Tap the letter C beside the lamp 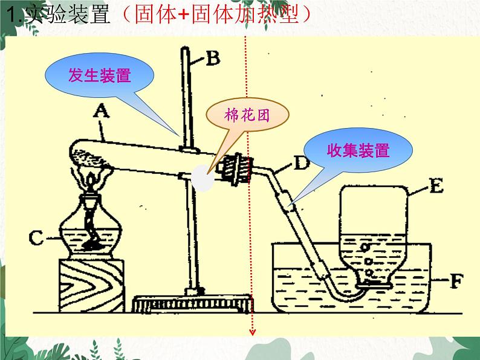click(x=37, y=238)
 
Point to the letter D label click(x=302, y=162)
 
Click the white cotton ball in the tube click(x=201, y=179)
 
